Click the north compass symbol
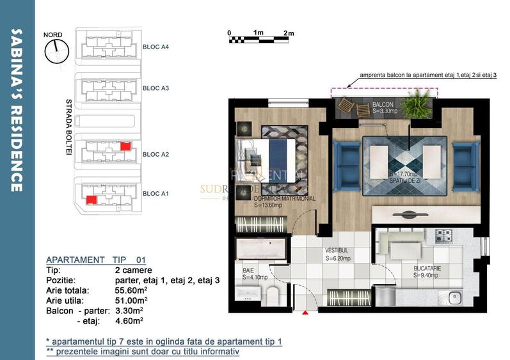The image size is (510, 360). (56, 51)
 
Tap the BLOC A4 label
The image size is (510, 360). (155, 47)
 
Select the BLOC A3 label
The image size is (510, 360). (155, 88)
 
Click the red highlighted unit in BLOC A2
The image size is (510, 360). (125, 146)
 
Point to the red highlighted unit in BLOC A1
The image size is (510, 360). (92, 200)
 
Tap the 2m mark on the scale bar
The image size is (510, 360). (288, 33)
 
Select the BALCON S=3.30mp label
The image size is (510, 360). (387, 107)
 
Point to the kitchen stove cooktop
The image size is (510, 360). (444, 236)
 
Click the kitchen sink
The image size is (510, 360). (456, 297)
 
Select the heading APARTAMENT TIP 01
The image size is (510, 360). (96, 260)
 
